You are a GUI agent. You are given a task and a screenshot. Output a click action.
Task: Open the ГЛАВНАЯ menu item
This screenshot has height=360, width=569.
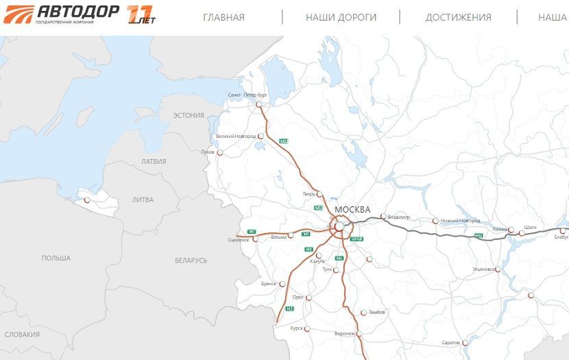click(x=223, y=17)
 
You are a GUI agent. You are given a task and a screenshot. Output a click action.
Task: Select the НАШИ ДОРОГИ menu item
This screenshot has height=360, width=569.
click(x=341, y=17)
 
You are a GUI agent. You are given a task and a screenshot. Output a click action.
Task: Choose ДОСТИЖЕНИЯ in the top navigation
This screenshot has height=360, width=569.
click(x=458, y=17)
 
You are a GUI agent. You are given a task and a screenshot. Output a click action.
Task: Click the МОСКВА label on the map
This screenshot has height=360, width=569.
click(x=352, y=209)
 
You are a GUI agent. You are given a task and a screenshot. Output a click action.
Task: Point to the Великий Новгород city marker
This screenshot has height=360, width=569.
click(x=261, y=136)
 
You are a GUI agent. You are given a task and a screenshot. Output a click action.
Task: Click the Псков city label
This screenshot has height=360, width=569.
click(x=208, y=152)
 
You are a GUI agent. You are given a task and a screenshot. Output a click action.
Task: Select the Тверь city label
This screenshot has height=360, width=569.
click(x=308, y=194)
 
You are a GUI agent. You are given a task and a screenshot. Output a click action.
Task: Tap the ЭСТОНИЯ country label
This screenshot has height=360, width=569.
click(x=189, y=115)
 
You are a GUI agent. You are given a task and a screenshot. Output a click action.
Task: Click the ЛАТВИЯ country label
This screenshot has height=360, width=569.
click(x=153, y=162)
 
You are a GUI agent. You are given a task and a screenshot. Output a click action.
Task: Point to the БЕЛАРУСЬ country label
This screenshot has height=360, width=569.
click(x=191, y=261)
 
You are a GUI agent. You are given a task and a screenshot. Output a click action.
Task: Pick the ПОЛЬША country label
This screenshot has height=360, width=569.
click(x=56, y=258)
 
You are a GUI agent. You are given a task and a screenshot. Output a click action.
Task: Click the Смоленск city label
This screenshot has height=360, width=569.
click(x=239, y=240)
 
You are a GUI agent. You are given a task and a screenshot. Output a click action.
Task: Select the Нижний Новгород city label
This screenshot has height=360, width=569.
click(x=461, y=221)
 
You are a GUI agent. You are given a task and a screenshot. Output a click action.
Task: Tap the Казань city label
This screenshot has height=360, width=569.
click(x=500, y=229)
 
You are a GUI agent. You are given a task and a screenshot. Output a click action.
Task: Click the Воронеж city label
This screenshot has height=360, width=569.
click(x=344, y=333)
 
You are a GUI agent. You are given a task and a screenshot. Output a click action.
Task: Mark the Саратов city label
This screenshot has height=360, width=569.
click(x=450, y=342)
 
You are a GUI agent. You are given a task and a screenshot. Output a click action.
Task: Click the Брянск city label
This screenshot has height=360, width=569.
click(x=268, y=283)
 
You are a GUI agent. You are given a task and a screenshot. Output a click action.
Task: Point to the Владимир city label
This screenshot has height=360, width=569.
click(x=398, y=217)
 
